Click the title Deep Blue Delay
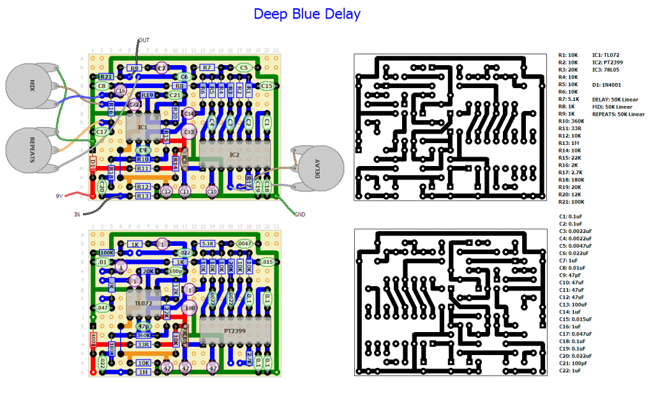point(307,13)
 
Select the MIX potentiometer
point(32,84)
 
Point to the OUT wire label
point(144,40)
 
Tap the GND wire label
point(299,215)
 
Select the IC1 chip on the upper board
point(142,128)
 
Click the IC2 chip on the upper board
point(234,155)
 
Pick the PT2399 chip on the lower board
point(234,331)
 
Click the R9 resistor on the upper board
point(134,68)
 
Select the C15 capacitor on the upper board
point(267,86)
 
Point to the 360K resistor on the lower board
point(143,335)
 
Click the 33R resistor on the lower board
point(143,344)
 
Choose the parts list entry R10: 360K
point(573,121)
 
